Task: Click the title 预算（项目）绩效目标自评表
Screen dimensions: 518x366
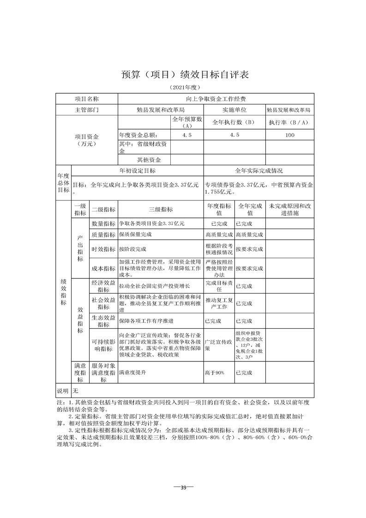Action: click(185, 75)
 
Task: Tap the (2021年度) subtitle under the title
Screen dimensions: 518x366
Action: click(185, 88)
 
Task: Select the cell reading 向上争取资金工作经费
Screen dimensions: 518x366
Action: click(216, 99)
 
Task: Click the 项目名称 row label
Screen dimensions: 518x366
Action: click(87, 99)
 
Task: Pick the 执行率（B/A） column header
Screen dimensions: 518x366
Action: click(289, 123)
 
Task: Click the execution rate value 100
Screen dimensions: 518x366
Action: click(289, 135)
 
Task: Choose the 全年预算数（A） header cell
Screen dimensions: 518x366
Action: click(187, 122)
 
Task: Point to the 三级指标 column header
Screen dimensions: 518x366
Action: click(160, 210)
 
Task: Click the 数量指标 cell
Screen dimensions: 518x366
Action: click(103, 223)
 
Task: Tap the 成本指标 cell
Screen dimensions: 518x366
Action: click(103, 268)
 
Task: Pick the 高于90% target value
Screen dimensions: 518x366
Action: click(214, 372)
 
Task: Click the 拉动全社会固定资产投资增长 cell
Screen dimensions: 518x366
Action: click(154, 286)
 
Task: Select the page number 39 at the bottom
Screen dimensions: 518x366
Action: click(183, 488)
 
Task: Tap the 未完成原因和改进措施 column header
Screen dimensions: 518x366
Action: click(290, 210)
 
